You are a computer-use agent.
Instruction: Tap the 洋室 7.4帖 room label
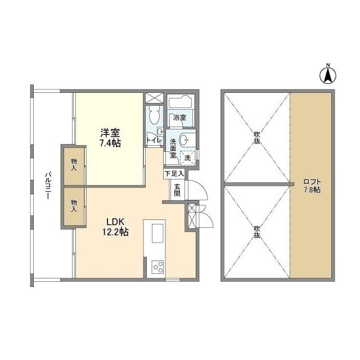110,138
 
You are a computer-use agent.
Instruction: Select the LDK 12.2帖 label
115,227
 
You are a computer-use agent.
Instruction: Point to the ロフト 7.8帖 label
312,186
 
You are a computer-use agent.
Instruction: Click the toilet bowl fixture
154,115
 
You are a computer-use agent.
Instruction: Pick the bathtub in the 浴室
180,101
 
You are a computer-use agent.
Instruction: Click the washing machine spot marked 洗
187,158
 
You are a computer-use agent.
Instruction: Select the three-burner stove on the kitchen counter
158,267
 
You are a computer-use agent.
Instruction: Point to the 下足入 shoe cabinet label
174,174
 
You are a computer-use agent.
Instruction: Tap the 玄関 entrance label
177,190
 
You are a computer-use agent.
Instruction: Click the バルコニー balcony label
48,186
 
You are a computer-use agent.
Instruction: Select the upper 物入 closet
74,165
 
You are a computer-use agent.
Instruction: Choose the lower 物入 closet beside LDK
74,206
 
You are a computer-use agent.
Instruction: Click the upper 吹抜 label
257,137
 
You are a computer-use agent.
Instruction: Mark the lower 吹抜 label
257,232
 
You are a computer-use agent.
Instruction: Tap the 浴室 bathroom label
179,118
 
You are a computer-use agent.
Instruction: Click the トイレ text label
154,140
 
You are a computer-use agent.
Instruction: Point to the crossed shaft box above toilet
154,98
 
